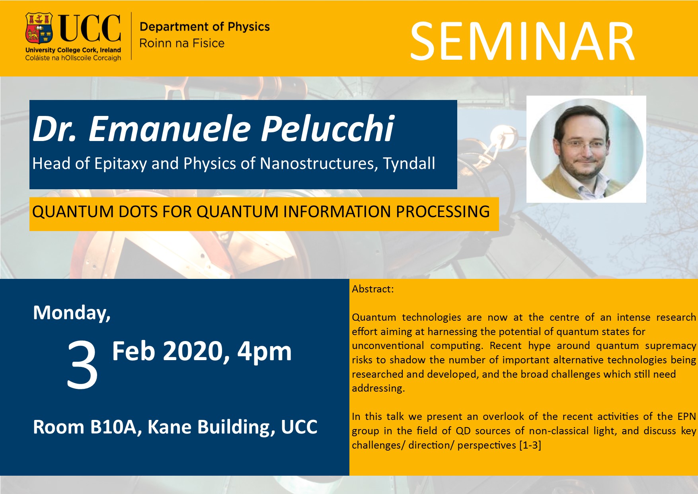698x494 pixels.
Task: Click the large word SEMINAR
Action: tap(522, 41)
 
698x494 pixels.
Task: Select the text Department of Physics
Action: tap(205, 27)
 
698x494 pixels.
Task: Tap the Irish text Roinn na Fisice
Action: tap(182, 43)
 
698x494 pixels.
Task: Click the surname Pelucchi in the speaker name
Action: tap(327, 129)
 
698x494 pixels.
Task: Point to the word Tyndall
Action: tap(409, 164)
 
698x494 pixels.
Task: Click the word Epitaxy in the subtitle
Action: tap(121, 164)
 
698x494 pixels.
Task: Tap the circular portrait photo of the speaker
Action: tap(586, 149)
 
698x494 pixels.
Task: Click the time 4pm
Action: tap(265, 351)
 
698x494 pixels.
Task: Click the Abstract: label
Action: tap(373, 289)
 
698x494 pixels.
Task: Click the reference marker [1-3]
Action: tap(530, 445)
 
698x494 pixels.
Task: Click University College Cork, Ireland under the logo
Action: tap(73, 50)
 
